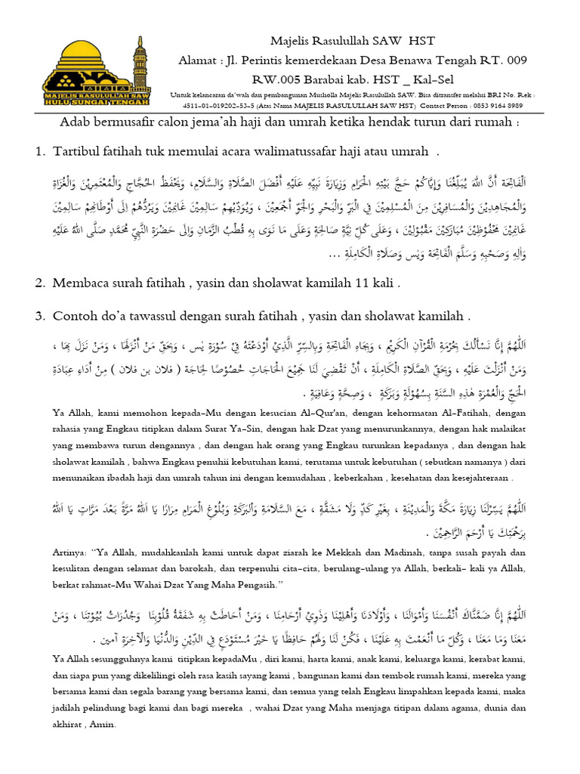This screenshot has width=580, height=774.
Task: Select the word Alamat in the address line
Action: click(200, 60)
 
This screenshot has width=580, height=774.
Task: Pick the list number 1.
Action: click(39, 152)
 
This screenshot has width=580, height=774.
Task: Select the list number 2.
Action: click(39, 283)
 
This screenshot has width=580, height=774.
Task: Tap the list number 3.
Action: click(39, 314)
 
